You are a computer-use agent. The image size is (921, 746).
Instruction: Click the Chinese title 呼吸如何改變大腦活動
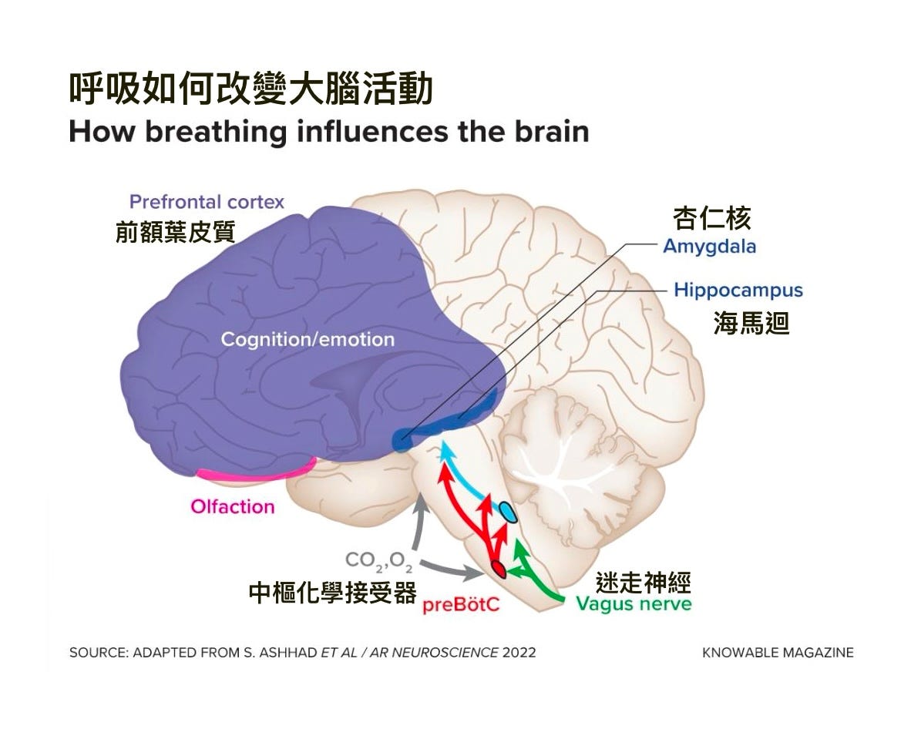(250, 90)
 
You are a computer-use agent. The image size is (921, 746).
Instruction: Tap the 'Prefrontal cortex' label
(207, 202)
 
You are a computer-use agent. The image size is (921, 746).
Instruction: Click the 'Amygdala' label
(709, 247)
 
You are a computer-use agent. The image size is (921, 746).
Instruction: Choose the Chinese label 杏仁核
(711, 219)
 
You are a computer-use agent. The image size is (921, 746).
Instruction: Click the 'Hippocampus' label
(738, 291)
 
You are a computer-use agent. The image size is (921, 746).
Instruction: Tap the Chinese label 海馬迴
(751, 324)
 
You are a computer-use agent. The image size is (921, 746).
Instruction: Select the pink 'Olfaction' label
(232, 506)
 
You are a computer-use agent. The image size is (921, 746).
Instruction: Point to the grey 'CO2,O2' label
(378, 560)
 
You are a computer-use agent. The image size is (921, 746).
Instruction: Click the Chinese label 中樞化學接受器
(332, 592)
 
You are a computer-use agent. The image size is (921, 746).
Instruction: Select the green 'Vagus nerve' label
(634, 603)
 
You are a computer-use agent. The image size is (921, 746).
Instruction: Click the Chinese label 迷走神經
(643, 582)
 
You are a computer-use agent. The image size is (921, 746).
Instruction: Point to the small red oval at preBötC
(499, 570)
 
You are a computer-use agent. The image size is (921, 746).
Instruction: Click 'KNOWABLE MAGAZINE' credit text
(778, 652)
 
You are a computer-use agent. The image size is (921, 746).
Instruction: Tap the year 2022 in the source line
(519, 652)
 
